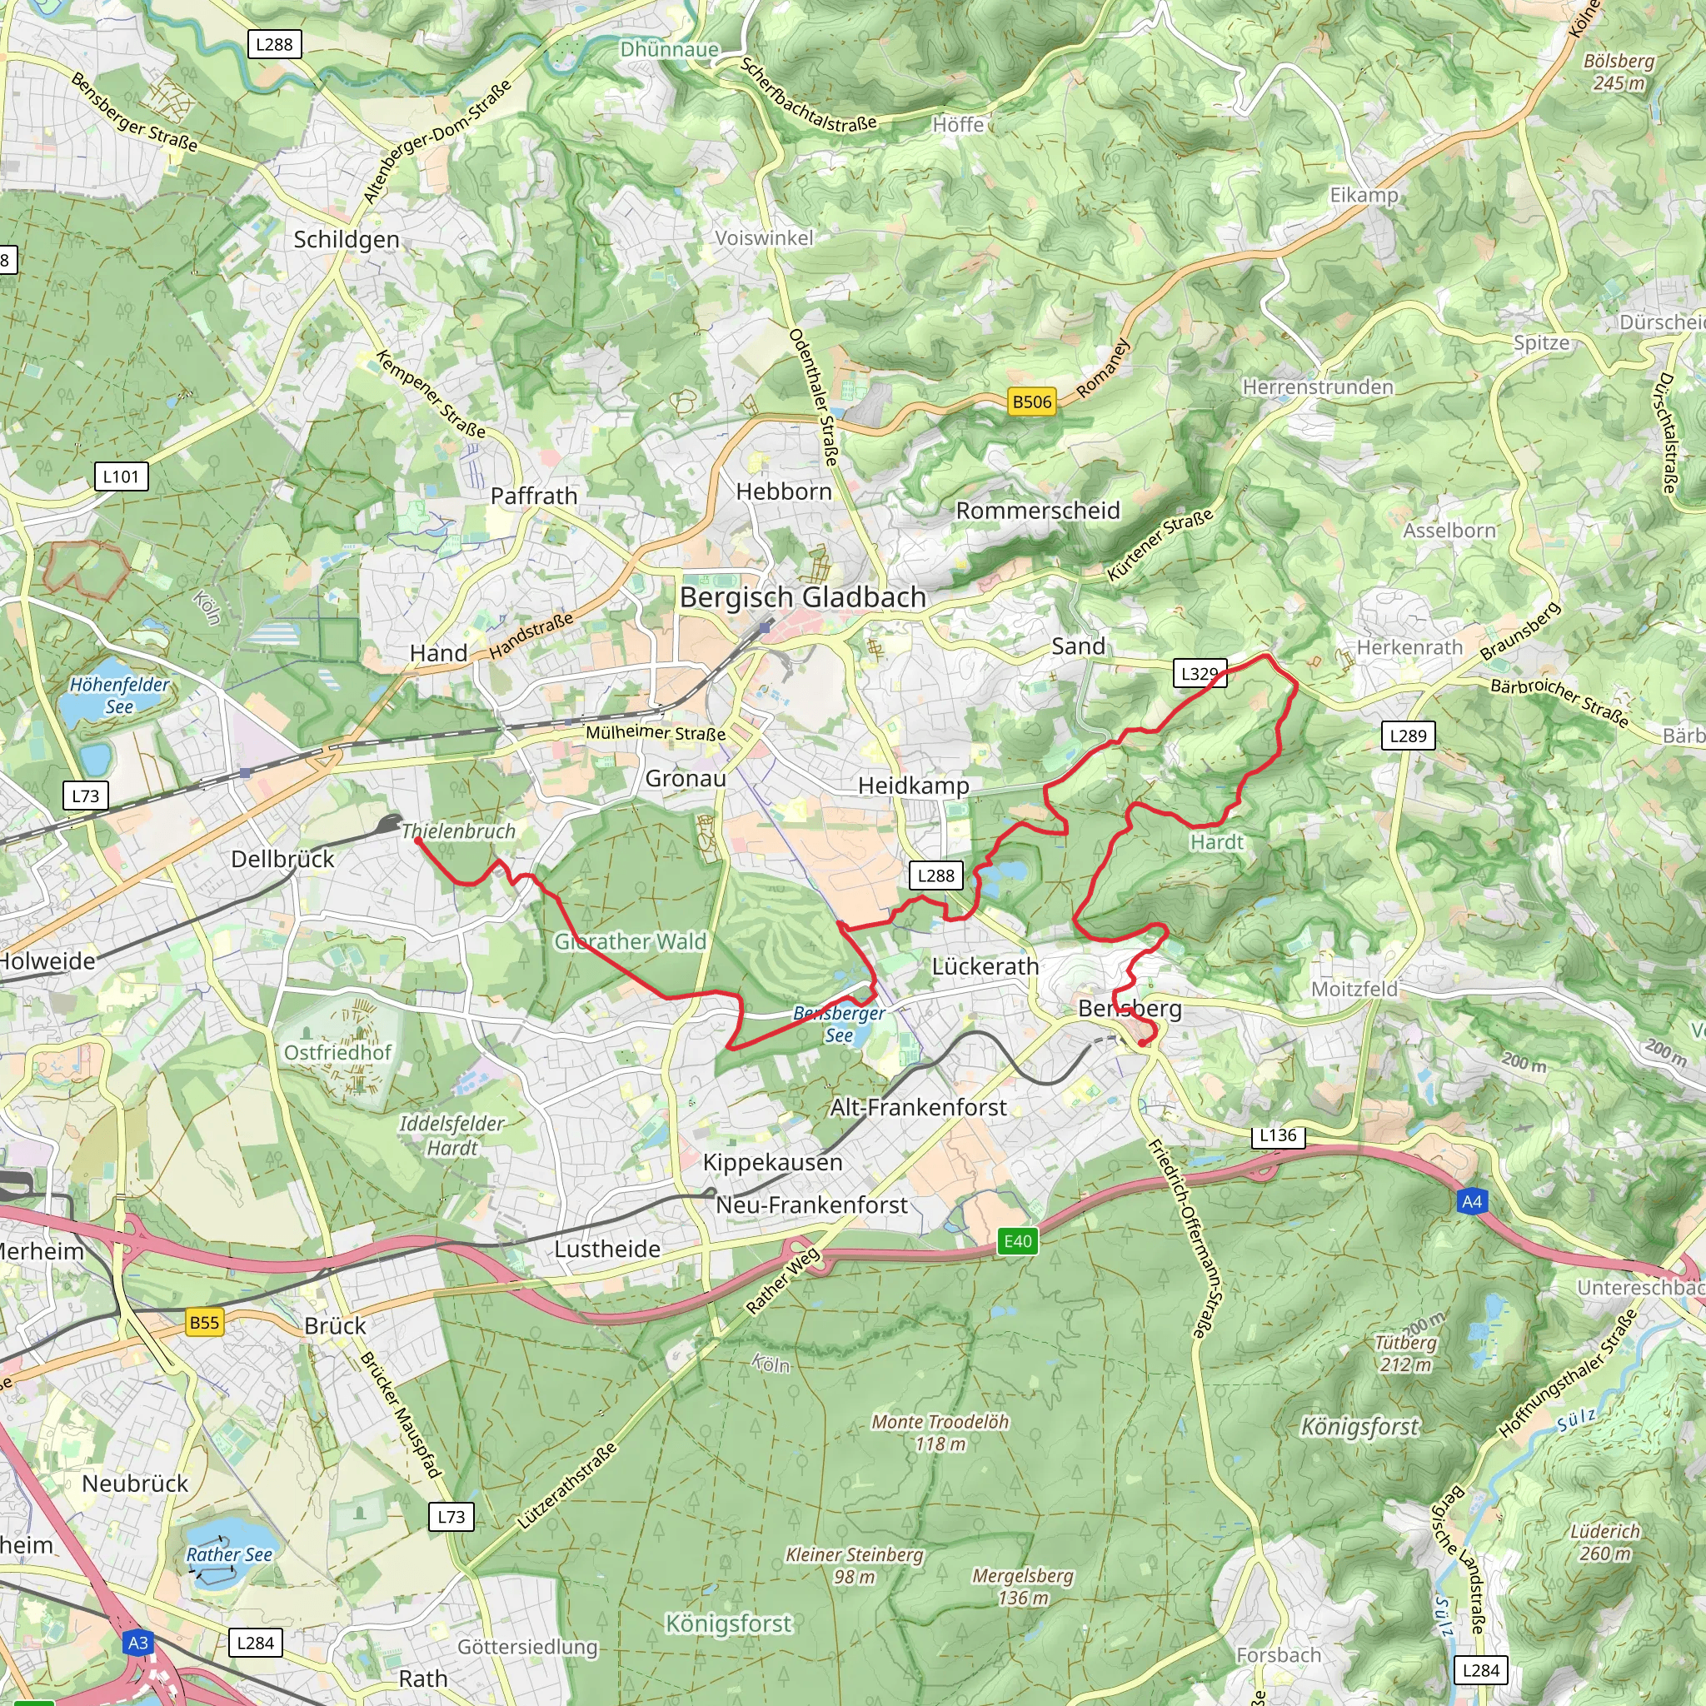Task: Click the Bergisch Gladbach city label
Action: pos(803,598)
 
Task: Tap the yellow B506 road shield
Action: pos(1031,402)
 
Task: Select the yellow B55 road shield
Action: pos(204,1322)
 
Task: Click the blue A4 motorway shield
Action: pos(1471,1201)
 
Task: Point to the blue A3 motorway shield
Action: pos(137,1643)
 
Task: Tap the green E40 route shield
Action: pos(1017,1240)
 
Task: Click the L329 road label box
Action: pos(1200,674)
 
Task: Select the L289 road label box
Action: pos(1408,736)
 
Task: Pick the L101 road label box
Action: pos(121,476)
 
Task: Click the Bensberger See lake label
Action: pos(838,1025)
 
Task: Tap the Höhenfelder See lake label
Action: pos(119,695)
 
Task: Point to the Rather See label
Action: pos(229,1554)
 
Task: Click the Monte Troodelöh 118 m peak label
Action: pos(940,1432)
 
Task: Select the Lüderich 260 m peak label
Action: pos(1604,1542)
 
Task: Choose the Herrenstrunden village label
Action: pos(1318,387)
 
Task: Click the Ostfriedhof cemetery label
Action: pos(338,1052)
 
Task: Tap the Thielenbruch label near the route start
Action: pos(457,831)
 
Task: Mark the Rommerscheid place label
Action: pos(1038,511)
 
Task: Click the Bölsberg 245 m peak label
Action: pos(1619,72)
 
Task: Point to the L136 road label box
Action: pos(1278,1135)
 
